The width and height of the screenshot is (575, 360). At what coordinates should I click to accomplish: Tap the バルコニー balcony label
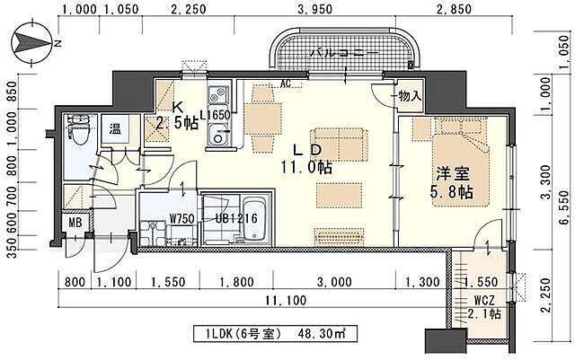(x=342, y=53)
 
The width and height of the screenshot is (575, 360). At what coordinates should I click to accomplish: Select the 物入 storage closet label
(x=410, y=95)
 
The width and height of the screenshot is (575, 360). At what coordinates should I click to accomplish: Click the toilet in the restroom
(x=78, y=131)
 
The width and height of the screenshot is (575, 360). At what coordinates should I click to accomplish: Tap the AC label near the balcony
(x=286, y=85)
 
